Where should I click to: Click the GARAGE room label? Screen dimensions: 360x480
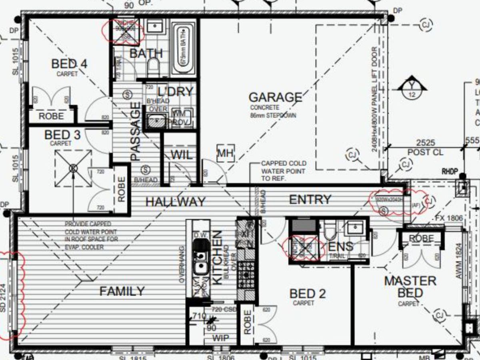pos(275,97)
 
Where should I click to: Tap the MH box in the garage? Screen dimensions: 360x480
pos(226,153)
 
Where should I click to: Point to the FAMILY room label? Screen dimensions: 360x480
pos(122,291)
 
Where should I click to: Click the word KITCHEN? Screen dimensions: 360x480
pos(217,258)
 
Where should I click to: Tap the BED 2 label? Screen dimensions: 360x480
pos(308,294)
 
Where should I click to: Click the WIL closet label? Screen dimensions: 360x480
pos(182,155)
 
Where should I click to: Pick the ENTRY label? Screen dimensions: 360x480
pos(310,199)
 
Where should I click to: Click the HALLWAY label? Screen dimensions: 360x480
pos(175,202)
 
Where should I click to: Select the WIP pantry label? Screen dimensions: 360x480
pos(220,338)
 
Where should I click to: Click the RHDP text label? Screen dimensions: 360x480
pos(449,171)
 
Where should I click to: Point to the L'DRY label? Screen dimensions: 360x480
pos(175,92)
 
